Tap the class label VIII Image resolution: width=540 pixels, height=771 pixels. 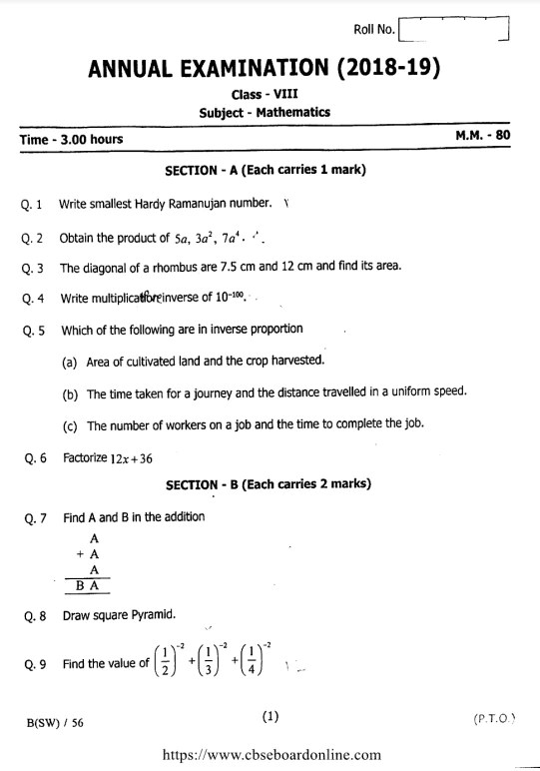point(285,94)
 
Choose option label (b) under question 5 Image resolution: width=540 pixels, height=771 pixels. point(70,393)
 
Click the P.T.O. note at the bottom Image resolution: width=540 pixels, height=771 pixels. point(495,719)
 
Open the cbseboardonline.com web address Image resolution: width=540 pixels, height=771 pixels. point(270,756)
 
